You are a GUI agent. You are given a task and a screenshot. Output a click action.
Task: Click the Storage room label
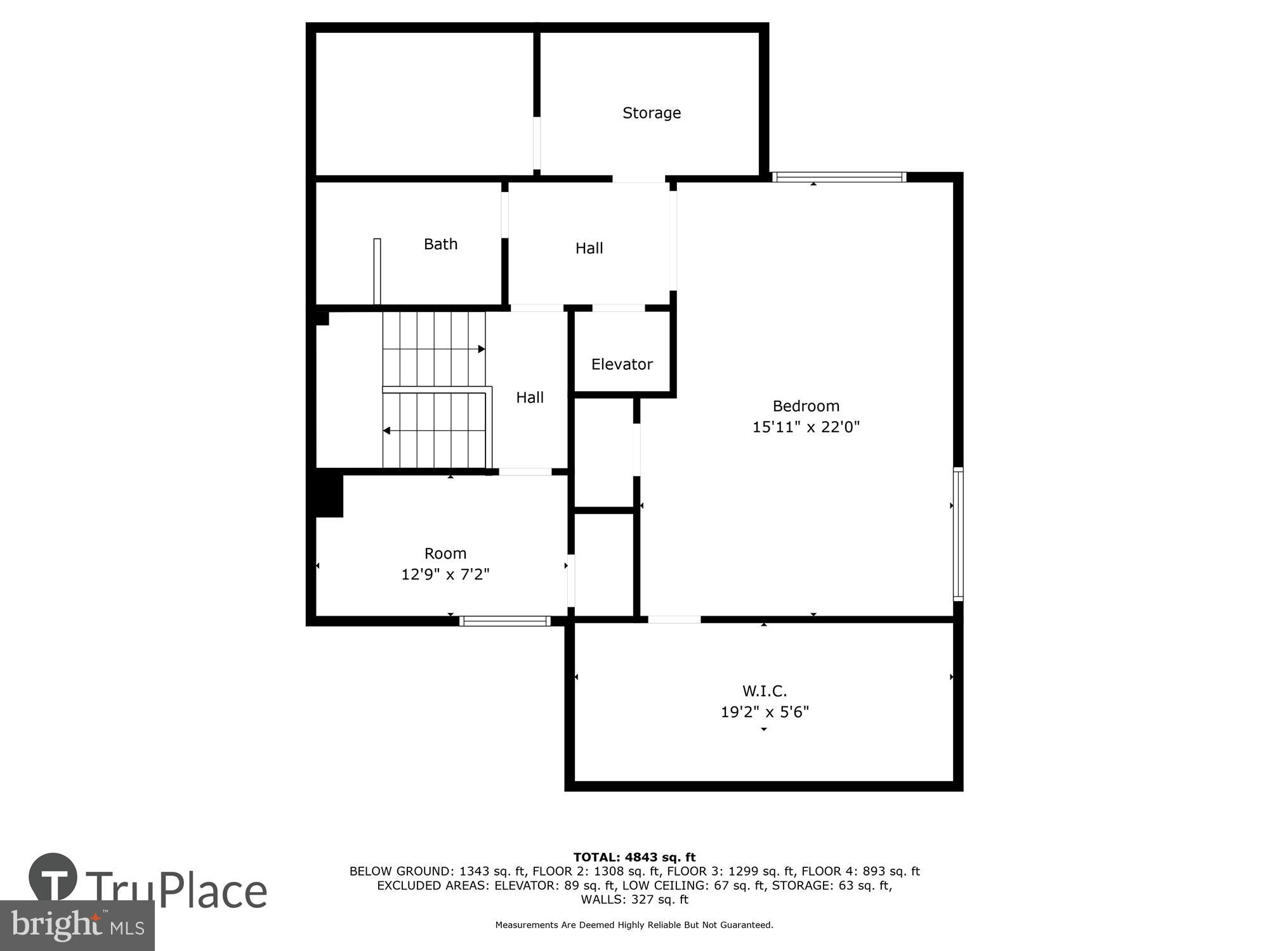[x=652, y=113]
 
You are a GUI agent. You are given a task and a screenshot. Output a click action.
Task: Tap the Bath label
[x=440, y=244]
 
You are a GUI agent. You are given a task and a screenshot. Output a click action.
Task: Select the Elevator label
[x=622, y=364]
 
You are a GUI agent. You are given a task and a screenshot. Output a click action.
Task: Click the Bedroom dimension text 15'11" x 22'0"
[x=806, y=427]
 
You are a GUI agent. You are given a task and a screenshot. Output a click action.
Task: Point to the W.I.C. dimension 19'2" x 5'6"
[x=765, y=712]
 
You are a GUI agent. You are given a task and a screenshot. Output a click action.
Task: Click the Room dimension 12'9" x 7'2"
[x=445, y=574]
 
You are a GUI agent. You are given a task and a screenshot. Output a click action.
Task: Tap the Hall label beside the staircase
[x=530, y=398]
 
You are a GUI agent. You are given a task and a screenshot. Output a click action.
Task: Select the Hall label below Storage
[x=589, y=249]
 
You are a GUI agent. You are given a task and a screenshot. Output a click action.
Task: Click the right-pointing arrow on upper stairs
[x=482, y=349]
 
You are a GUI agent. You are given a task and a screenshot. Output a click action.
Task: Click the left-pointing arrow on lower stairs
[x=386, y=431]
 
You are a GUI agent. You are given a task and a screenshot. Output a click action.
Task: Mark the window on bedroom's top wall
[x=839, y=177]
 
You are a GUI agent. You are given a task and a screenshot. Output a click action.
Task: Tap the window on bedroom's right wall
[x=958, y=534]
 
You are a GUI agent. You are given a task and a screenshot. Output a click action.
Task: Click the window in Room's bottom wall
[x=504, y=621]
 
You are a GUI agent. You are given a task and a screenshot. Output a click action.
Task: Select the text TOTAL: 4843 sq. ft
[x=634, y=857]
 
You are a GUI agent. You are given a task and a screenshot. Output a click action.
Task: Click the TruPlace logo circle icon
[x=53, y=877]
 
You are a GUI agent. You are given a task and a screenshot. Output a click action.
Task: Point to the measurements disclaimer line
[x=634, y=925]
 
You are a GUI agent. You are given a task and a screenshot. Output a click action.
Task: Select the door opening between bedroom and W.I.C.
[x=674, y=619]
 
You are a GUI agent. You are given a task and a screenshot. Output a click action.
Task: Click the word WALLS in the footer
[x=602, y=899]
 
